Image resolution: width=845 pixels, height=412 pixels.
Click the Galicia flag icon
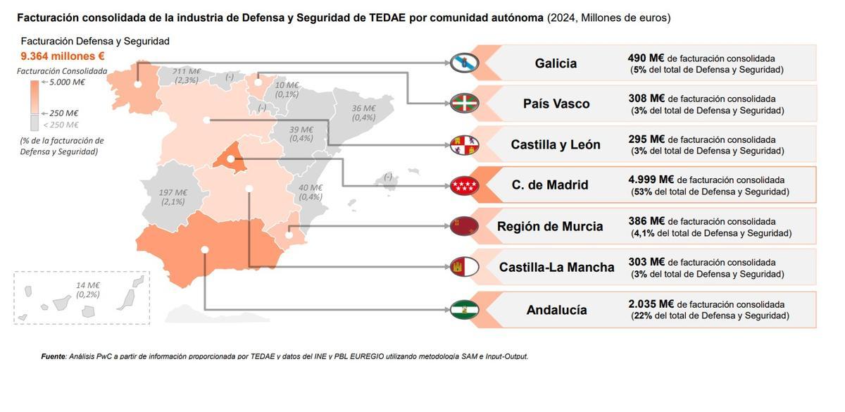(465, 63)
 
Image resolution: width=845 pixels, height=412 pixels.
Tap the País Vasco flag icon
(465, 104)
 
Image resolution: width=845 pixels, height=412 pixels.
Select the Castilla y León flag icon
(465, 145)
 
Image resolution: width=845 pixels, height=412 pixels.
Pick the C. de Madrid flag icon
(465, 186)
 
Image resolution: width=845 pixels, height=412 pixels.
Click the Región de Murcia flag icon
(465, 226)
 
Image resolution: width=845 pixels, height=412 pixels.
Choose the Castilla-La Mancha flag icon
(465, 267)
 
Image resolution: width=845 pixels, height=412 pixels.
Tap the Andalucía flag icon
(465, 309)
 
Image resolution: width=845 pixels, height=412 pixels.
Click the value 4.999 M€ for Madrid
(651, 180)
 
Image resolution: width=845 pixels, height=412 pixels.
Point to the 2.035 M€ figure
(651, 304)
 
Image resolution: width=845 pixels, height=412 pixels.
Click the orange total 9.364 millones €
(63, 56)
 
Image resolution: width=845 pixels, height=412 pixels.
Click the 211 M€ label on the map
(187, 71)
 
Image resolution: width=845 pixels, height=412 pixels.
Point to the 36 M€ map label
(363, 108)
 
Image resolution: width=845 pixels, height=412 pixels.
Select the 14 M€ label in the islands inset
(88, 285)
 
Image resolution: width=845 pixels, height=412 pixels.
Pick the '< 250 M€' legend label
(61, 125)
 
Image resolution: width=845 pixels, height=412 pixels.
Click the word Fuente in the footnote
(54, 356)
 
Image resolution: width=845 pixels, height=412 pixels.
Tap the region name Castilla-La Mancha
(556, 268)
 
